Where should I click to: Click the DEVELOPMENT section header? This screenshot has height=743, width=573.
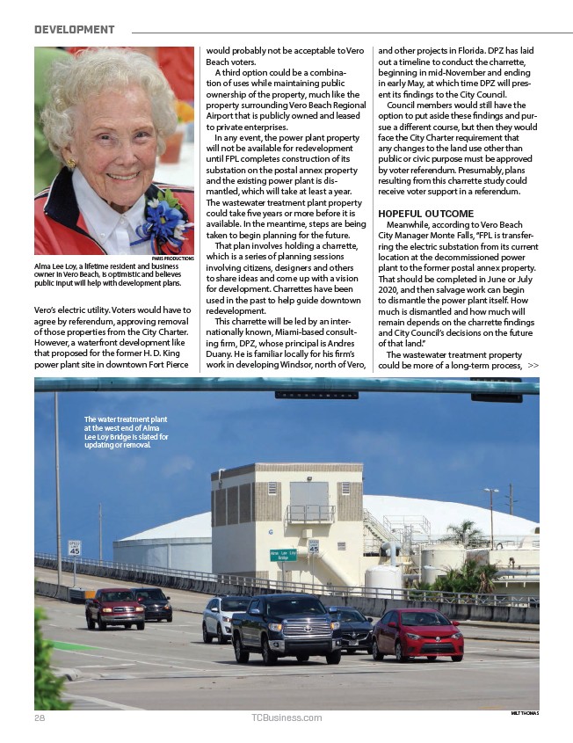coord(74,30)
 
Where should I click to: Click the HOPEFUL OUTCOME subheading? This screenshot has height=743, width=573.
coord(425,214)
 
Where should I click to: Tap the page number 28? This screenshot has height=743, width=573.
coord(40,717)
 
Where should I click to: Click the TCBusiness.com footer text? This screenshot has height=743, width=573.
coord(286,718)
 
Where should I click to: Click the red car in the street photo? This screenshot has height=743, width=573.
coord(417,634)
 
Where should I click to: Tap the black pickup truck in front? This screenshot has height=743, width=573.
coord(286,628)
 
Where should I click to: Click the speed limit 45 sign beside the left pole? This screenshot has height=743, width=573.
coord(75,549)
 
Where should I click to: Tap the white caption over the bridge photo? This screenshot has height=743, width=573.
coord(126,432)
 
